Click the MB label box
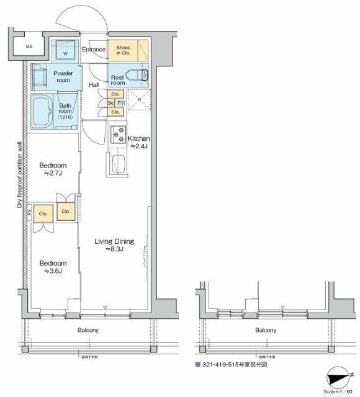pos(29,46)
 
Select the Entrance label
pos(94,49)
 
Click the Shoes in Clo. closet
pos(128,49)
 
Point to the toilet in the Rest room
pos(143,76)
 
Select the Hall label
pos(94,85)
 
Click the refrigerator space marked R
pos(140,100)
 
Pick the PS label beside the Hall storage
pos(120,103)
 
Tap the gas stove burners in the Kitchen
pos(118,135)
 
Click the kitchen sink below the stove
pos(118,165)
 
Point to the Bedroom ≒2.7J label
pos(53,169)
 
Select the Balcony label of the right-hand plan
pos(266,331)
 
